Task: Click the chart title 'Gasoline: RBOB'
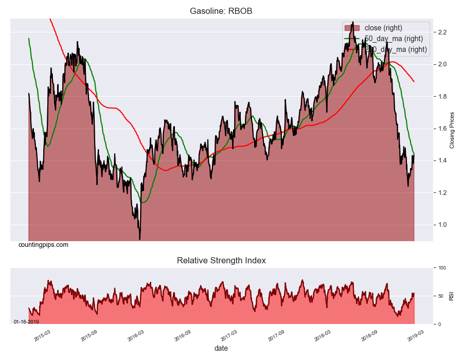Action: tap(221, 11)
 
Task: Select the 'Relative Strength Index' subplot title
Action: tap(221, 260)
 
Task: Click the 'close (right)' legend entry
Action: tap(383, 28)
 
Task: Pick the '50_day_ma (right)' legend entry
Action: tap(394, 39)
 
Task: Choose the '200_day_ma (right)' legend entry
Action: tap(396, 49)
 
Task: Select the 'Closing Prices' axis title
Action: tap(452, 130)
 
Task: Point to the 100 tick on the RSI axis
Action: tap(441, 268)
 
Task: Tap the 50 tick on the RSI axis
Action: tap(440, 296)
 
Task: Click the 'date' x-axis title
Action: tap(221, 348)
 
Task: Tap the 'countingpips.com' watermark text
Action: tap(43, 245)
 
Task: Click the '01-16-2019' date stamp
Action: tap(26, 321)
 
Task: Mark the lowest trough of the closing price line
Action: tap(139, 239)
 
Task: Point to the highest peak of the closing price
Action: tap(352, 22)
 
